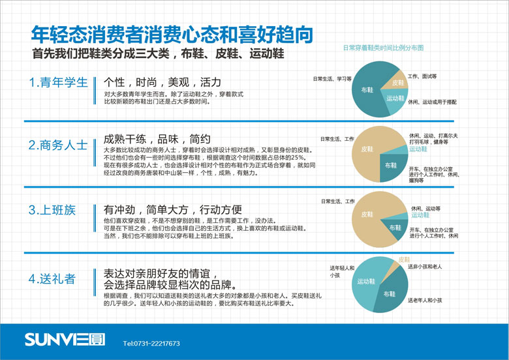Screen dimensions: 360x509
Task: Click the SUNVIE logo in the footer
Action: pyautogui.click(x=55, y=339)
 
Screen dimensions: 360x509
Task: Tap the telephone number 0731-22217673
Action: pyautogui.click(x=151, y=343)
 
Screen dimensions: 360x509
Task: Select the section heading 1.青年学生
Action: pyautogui.click(x=58, y=83)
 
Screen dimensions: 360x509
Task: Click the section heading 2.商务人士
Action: pyautogui.click(x=58, y=145)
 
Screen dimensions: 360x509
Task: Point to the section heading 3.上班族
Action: pyautogui.click(x=52, y=210)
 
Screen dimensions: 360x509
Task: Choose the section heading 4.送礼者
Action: pyautogui.click(x=52, y=279)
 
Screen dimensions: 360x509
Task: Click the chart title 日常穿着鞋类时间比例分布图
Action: pyautogui.click(x=384, y=48)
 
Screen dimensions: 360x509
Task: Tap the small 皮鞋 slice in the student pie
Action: pyautogui.click(x=397, y=82)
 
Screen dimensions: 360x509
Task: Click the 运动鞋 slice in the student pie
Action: pyautogui.click(x=395, y=98)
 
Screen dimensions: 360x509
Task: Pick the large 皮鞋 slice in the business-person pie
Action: pyautogui.click(x=367, y=149)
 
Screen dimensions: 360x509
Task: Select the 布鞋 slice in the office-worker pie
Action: pyautogui.click(x=395, y=228)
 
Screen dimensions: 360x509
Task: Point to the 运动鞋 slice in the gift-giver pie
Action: pyautogui.click(x=365, y=281)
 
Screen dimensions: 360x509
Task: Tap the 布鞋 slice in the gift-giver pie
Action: pyautogui.click(x=389, y=294)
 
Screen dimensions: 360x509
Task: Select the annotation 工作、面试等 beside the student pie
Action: pyautogui.click(x=422, y=77)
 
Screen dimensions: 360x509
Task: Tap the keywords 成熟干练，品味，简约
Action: pyautogui.click(x=157, y=138)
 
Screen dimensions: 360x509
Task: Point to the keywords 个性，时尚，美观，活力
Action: pyautogui.click(x=162, y=82)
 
